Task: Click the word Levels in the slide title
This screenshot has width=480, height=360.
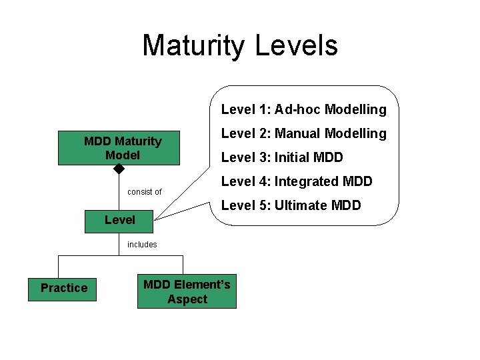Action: click(297, 45)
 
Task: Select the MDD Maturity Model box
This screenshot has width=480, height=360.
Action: click(119, 148)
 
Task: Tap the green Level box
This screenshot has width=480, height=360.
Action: click(119, 220)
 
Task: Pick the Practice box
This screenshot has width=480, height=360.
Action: click(63, 288)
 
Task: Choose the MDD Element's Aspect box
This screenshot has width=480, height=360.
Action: click(187, 292)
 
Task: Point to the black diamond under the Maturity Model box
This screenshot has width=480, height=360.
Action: click(119, 169)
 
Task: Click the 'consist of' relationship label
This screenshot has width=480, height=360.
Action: click(144, 192)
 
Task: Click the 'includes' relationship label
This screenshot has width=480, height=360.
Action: click(142, 245)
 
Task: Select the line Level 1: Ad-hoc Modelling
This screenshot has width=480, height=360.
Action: click(303, 109)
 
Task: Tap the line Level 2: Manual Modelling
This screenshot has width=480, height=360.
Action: click(303, 133)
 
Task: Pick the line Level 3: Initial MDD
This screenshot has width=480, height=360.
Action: click(282, 157)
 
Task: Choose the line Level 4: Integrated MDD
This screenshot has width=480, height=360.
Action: click(297, 181)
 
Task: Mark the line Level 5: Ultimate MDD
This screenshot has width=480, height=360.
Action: click(291, 205)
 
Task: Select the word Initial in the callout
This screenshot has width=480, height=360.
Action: click(293, 157)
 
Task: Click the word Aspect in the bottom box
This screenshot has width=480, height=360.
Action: click(187, 299)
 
